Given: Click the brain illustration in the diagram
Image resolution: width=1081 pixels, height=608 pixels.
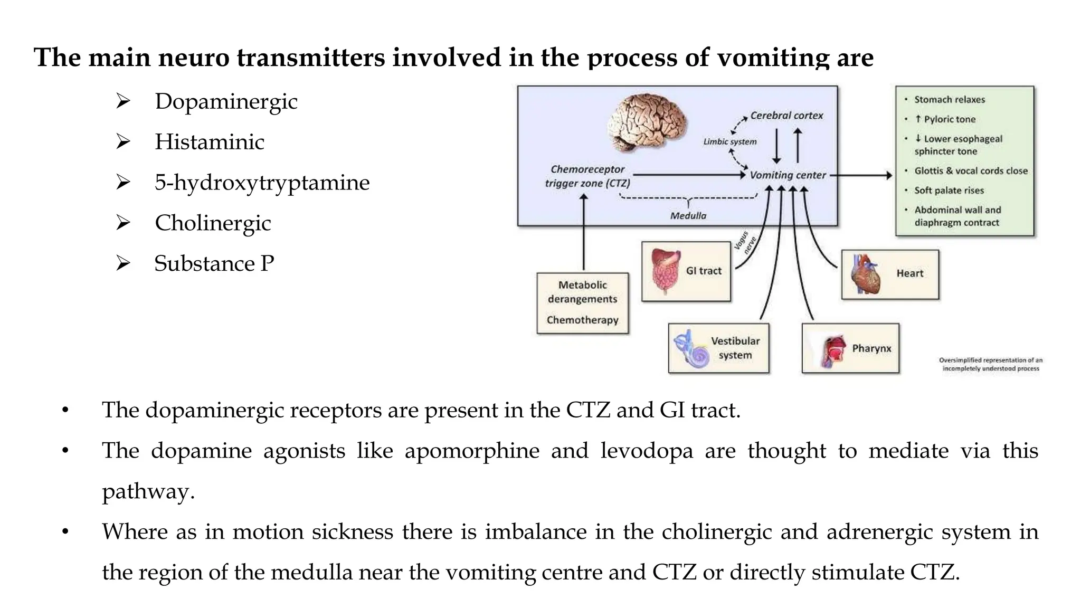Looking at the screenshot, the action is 647,122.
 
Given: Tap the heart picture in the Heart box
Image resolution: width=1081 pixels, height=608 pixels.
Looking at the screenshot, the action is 866,274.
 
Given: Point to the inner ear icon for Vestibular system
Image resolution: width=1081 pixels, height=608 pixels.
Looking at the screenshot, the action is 691,349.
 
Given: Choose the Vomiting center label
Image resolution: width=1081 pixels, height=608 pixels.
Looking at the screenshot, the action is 788,175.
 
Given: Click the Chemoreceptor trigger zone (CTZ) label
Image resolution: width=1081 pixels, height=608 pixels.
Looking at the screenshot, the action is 587,176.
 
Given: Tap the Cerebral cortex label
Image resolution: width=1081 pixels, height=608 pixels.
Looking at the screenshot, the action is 786,116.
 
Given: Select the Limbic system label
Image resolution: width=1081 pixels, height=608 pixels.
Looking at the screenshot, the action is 729,141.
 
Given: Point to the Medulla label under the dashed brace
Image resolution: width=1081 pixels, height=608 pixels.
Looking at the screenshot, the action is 688,216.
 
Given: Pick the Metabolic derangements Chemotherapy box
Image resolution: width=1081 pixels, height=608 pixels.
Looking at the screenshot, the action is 583,303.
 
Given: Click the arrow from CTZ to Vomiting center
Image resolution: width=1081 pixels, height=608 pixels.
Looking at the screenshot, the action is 690,175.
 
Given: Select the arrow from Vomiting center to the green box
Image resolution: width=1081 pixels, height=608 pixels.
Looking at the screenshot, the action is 861,175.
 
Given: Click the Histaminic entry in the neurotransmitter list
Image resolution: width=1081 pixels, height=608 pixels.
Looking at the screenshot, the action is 210,142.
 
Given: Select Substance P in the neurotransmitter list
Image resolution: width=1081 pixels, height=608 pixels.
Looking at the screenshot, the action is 214,263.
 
